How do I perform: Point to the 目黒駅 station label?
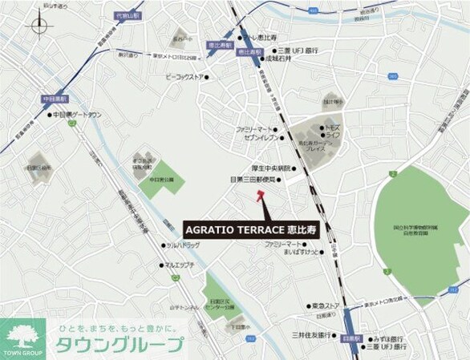pos(350,338)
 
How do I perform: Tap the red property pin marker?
pos(263,206)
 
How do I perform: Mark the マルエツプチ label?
pos(180,265)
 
